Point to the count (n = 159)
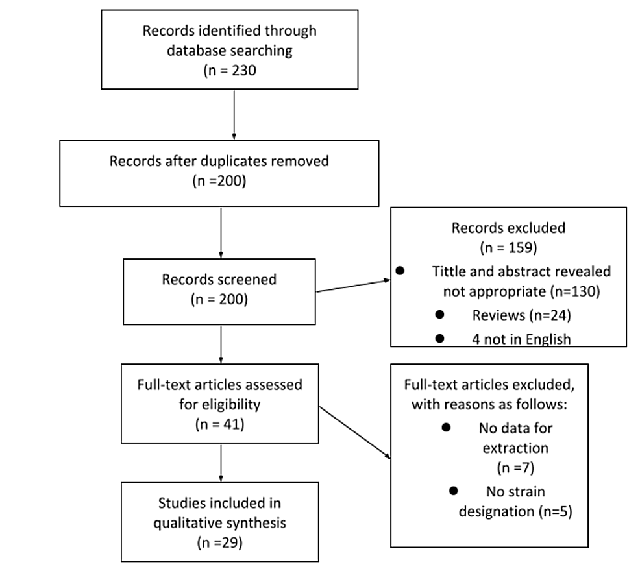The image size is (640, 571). (508, 249)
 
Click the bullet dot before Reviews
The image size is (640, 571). (439, 314)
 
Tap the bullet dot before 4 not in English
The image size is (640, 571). (439, 338)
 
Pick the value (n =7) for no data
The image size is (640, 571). (515, 468)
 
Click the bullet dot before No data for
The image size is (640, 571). (446, 428)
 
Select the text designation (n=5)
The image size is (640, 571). (515, 511)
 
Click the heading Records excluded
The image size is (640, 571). (508, 228)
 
